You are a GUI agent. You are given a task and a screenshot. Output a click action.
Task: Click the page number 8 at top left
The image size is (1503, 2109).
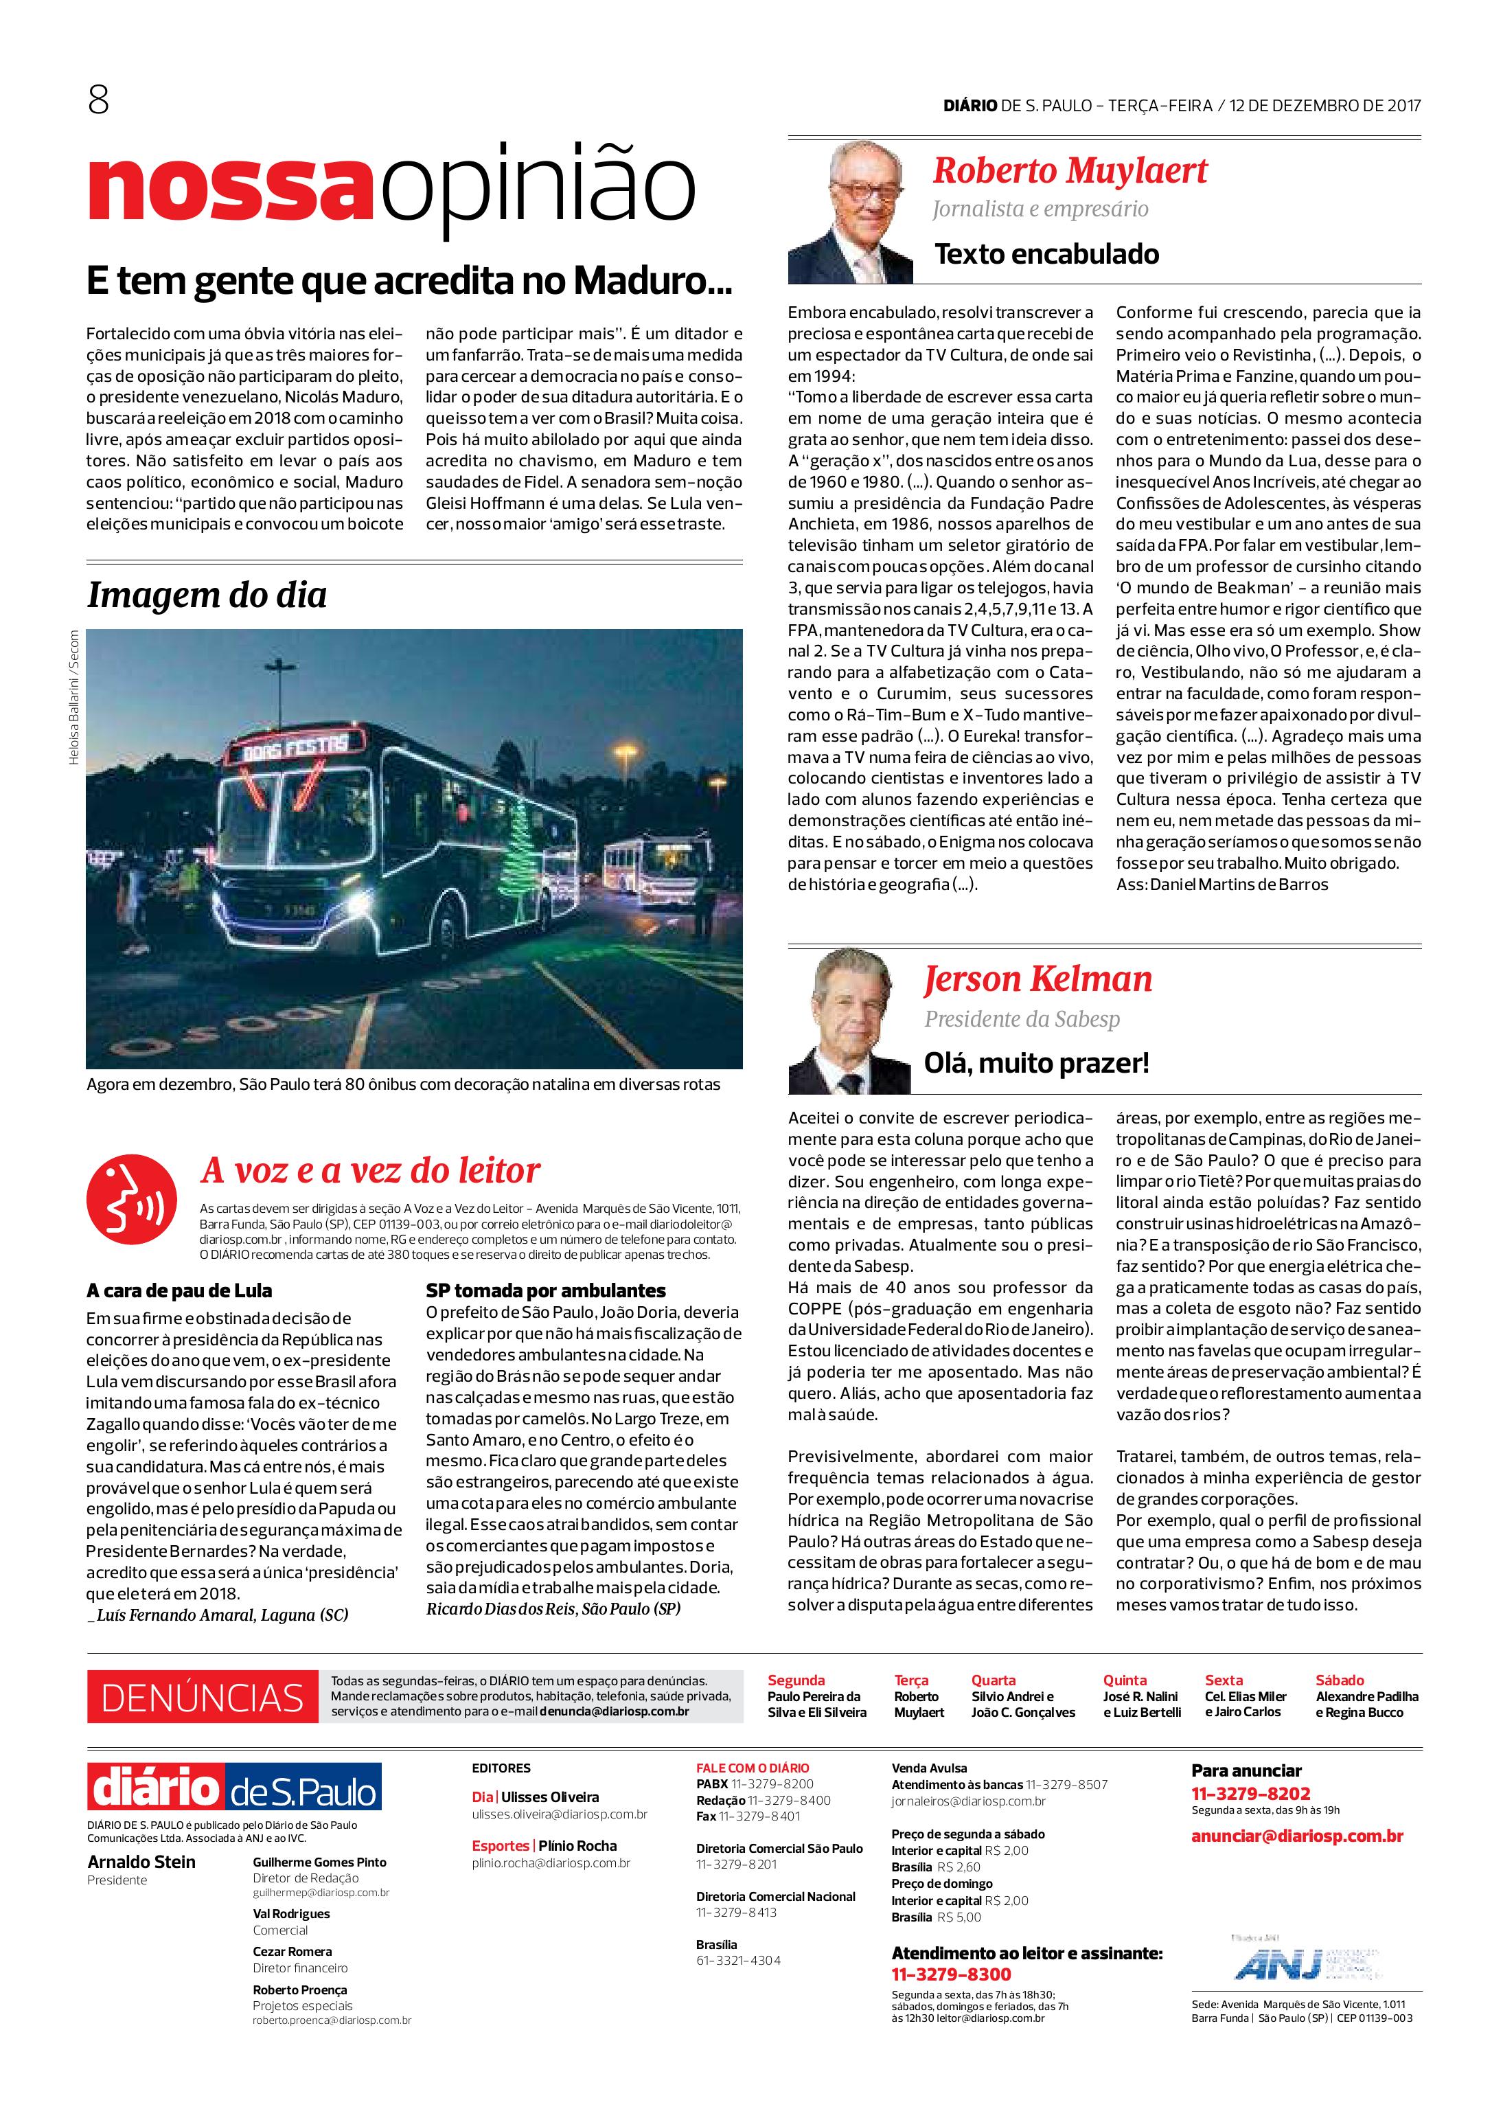98,101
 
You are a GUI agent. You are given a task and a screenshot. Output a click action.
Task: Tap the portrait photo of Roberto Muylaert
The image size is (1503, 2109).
849,212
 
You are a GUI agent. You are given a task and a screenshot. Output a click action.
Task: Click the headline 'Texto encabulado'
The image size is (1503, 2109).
1046,253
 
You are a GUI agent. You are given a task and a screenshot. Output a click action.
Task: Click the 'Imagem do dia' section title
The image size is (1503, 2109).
207,595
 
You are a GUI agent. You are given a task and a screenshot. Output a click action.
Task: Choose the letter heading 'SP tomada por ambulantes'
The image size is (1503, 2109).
545,1290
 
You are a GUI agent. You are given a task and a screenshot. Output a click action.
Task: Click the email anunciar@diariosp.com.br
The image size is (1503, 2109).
1296,1836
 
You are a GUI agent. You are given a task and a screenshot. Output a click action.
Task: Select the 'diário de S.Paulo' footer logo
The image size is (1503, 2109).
234,1787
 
